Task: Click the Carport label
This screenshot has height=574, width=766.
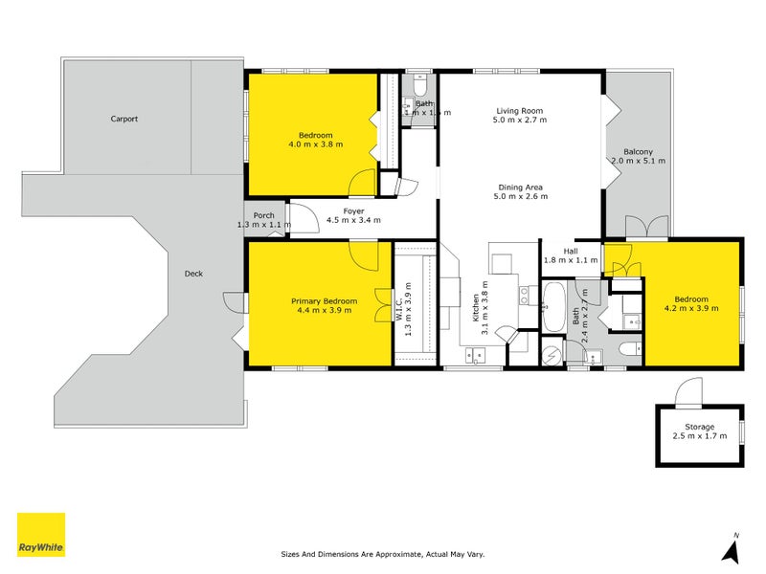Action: click(x=124, y=120)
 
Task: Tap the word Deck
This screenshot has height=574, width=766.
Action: click(x=193, y=274)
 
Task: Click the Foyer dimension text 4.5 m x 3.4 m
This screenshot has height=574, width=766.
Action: click(x=353, y=220)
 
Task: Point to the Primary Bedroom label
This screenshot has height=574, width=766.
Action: click(x=324, y=301)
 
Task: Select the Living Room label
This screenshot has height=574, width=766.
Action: click(x=521, y=110)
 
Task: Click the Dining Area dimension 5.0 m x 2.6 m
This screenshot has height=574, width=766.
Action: click(x=521, y=197)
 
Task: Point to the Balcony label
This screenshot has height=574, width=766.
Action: click(x=638, y=152)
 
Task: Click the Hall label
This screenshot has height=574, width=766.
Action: click(x=570, y=251)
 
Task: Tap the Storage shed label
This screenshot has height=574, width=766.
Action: click(x=699, y=427)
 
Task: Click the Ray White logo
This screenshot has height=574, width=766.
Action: click(x=41, y=535)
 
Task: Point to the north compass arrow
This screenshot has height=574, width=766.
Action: click(x=730, y=550)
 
